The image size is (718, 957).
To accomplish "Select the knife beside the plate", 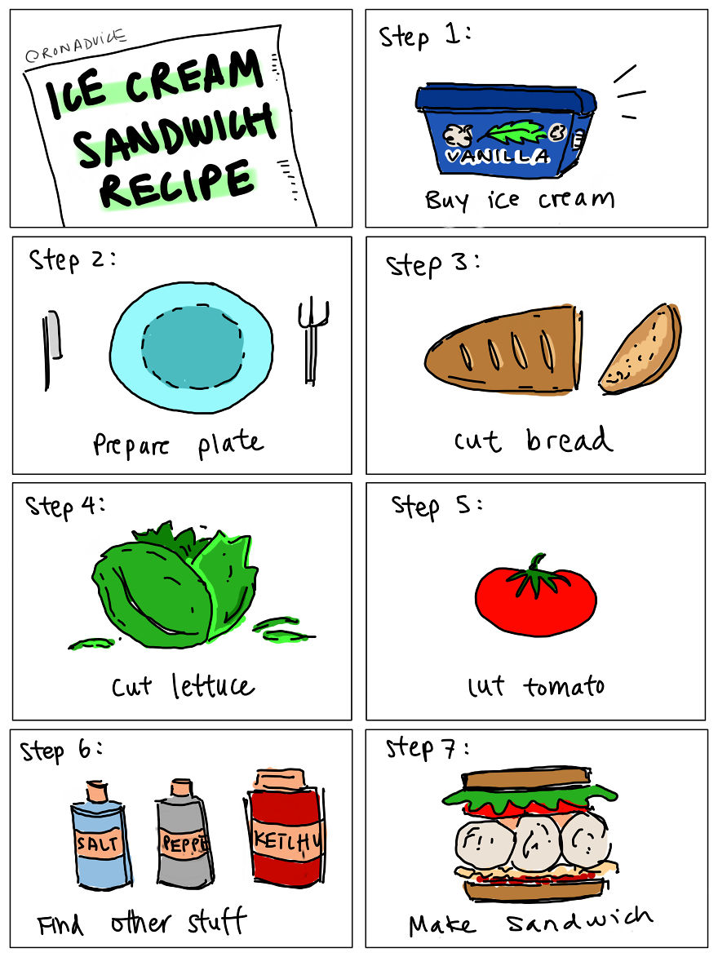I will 52,343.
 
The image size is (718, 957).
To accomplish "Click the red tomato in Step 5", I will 535,600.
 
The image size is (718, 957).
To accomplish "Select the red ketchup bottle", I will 285,836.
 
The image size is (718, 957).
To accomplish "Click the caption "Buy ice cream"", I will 518,199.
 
